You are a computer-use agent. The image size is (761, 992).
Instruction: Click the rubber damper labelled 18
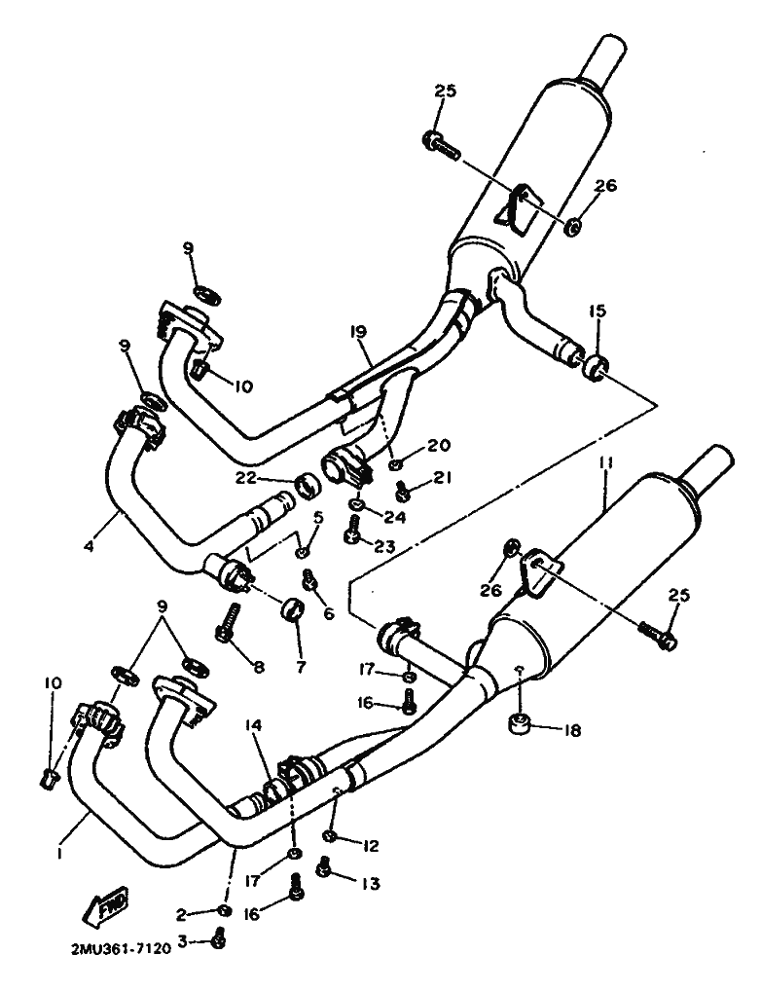point(519,723)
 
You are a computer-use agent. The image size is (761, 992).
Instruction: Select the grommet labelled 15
point(595,368)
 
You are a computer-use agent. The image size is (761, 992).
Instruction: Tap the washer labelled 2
point(224,910)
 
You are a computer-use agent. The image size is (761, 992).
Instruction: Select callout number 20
point(438,445)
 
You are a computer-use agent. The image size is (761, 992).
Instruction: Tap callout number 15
point(597,311)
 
